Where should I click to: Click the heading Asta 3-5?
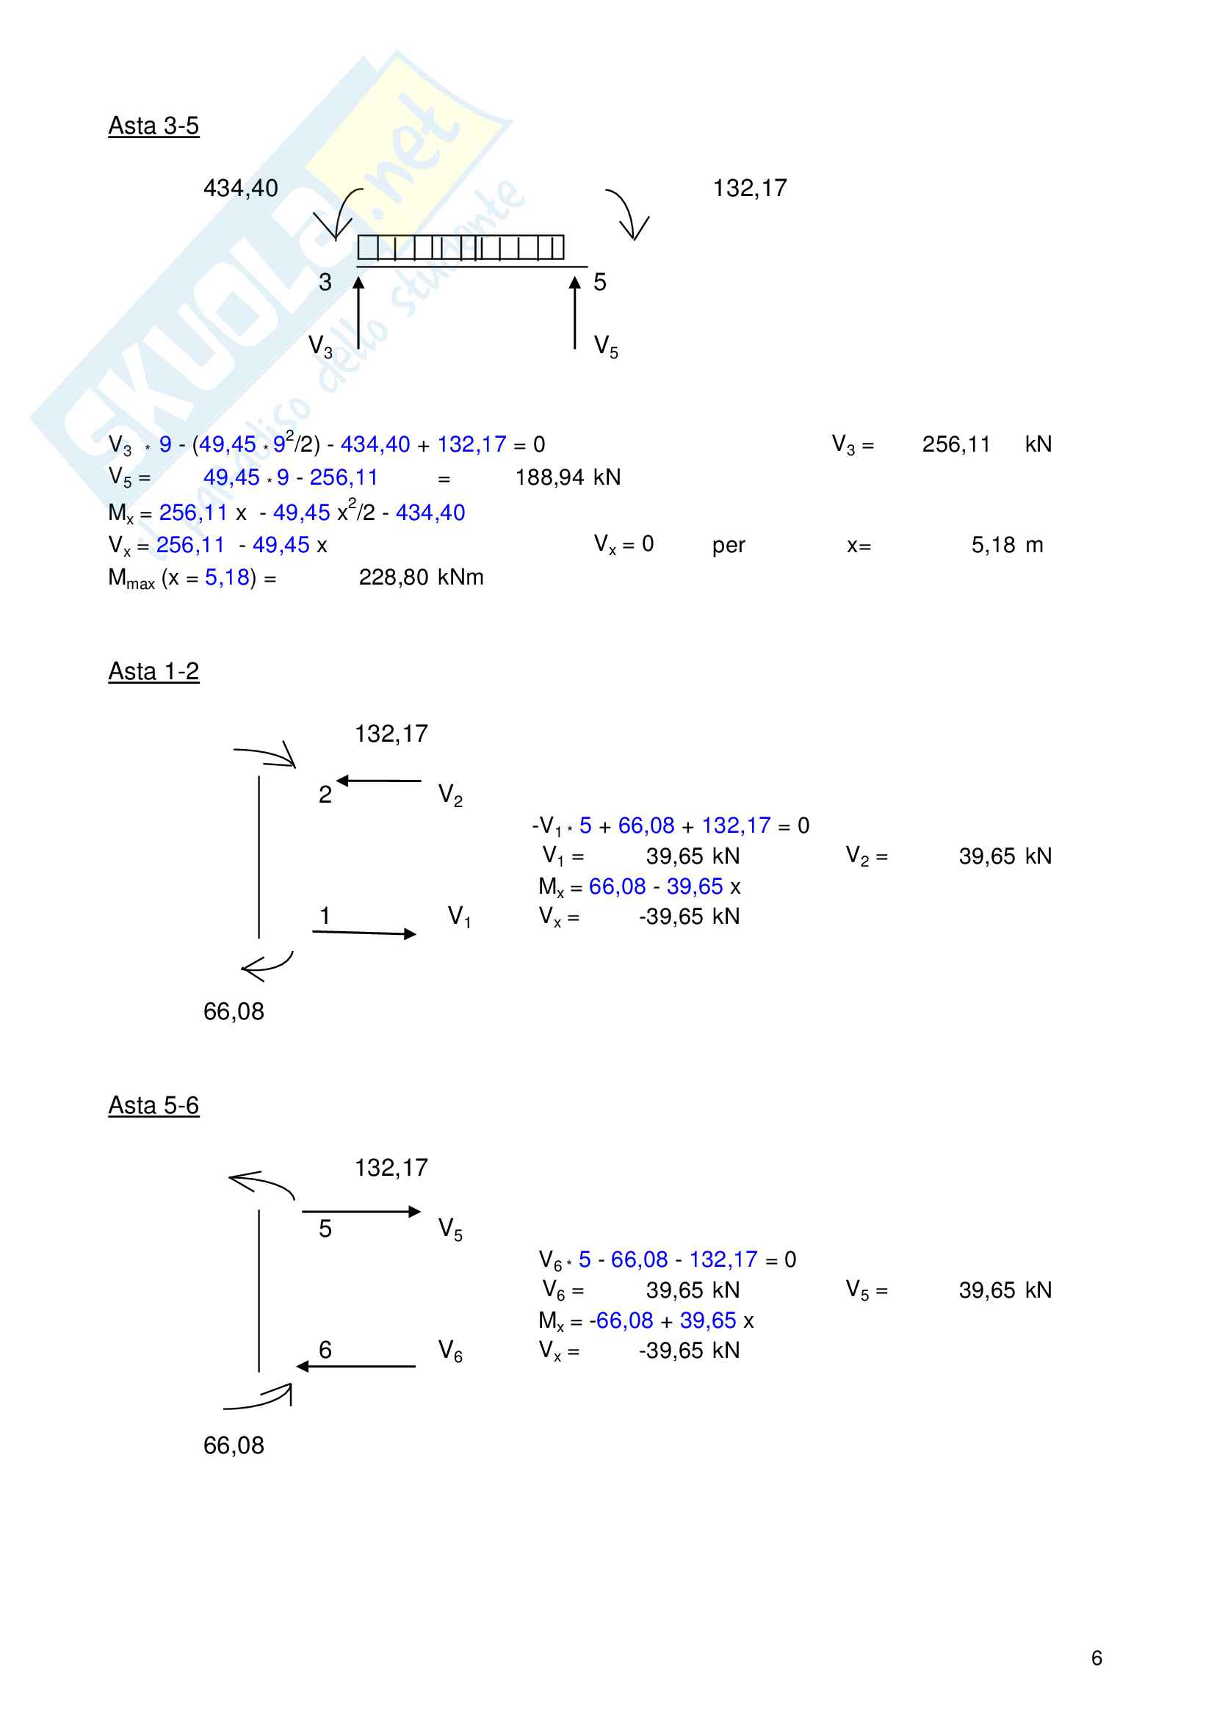pos(153,126)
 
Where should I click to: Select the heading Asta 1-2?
pos(153,670)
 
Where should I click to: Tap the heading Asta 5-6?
pos(153,1105)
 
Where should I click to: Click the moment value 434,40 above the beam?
pos(240,188)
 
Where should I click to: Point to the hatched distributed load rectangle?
pos(460,247)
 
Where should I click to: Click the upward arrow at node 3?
pos(359,313)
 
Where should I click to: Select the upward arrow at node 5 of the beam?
pos(574,313)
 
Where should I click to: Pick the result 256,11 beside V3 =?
pos(955,444)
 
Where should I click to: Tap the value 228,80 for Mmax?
pos(394,577)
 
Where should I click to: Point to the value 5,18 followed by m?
pos(993,545)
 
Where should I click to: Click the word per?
pos(728,545)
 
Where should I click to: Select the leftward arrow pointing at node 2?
pos(378,781)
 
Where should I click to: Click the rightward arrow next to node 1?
pos(364,933)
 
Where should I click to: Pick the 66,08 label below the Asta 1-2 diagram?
pos(234,1011)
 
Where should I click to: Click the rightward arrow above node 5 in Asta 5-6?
pos(362,1212)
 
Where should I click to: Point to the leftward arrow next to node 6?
pos(356,1366)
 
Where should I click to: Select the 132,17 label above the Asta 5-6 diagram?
pos(391,1168)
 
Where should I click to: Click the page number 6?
pos(1096,1658)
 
